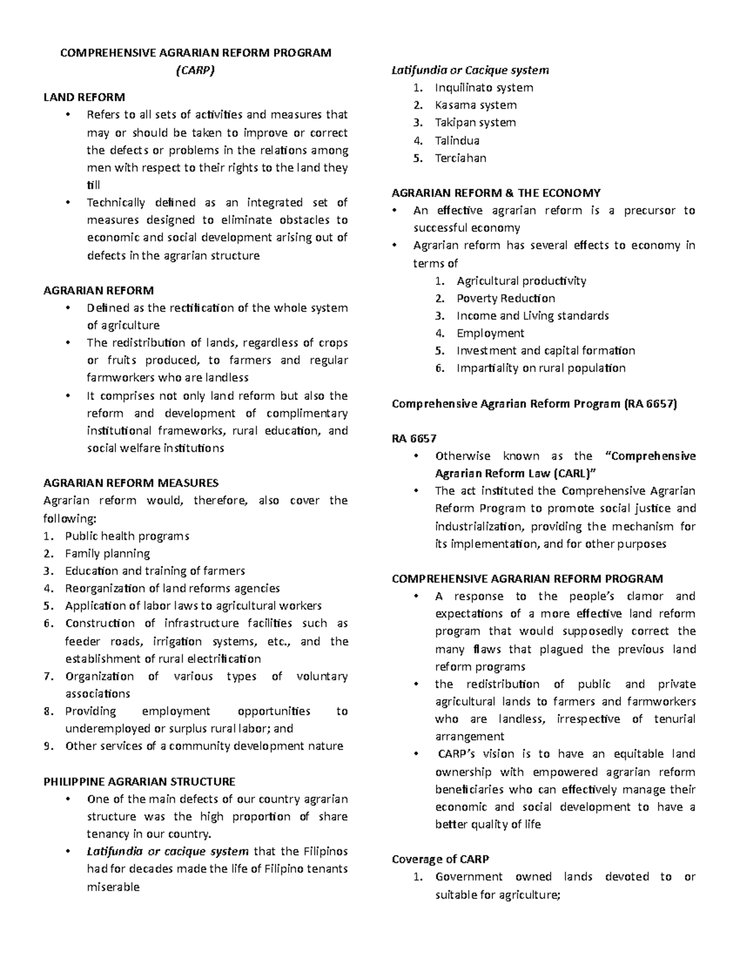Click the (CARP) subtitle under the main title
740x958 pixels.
coord(195,70)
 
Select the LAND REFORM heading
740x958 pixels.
coord(84,97)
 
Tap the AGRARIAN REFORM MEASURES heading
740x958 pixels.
coord(131,482)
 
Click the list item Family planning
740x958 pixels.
coord(107,553)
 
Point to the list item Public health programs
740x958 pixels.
coord(127,535)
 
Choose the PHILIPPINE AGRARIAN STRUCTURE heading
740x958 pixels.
coord(139,782)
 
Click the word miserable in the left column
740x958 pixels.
coord(113,887)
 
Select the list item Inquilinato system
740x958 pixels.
coord(483,88)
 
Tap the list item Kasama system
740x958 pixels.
coord(475,105)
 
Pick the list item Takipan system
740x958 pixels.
coord(475,122)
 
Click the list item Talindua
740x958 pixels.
coord(457,140)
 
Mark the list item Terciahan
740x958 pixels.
coord(460,158)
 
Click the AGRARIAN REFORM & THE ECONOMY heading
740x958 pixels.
coord(496,192)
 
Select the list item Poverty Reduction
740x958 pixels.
coord(506,298)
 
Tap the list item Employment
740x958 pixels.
coord(490,333)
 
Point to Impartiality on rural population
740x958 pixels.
coord(541,368)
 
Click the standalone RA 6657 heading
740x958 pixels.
coord(414,439)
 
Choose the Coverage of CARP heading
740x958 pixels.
coord(440,859)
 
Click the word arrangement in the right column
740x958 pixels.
coord(470,736)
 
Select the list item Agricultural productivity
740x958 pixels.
coord(521,281)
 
